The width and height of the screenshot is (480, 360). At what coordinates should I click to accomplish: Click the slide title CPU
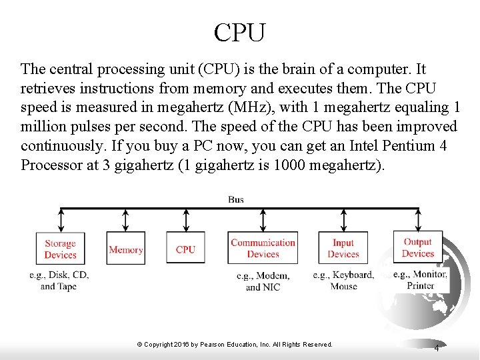(x=240, y=31)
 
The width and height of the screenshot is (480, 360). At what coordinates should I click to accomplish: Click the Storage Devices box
(x=61, y=249)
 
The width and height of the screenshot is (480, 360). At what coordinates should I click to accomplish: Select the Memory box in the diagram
(x=125, y=249)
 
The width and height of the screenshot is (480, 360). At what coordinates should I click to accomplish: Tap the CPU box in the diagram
(x=185, y=249)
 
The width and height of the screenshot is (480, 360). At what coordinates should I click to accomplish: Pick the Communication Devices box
(x=263, y=249)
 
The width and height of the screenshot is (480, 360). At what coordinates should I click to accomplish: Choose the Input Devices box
(x=343, y=249)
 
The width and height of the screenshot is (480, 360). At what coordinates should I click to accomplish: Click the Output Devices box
(x=418, y=248)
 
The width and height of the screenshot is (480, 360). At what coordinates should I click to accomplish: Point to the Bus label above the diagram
(x=236, y=199)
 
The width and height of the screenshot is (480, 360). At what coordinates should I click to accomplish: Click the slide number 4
(x=437, y=348)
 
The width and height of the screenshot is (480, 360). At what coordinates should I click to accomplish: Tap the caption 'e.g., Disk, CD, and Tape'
(x=59, y=281)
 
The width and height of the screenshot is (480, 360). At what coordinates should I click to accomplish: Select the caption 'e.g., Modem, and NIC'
(x=263, y=281)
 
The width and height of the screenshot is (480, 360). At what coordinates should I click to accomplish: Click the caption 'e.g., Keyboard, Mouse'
(x=343, y=281)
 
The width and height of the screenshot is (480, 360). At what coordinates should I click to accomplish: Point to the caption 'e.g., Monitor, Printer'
(x=420, y=280)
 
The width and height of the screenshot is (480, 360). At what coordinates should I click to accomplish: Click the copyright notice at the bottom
(x=235, y=344)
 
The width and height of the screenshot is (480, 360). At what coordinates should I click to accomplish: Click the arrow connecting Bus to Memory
(x=125, y=220)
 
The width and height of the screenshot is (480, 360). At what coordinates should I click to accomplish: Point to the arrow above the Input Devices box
(x=343, y=220)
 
